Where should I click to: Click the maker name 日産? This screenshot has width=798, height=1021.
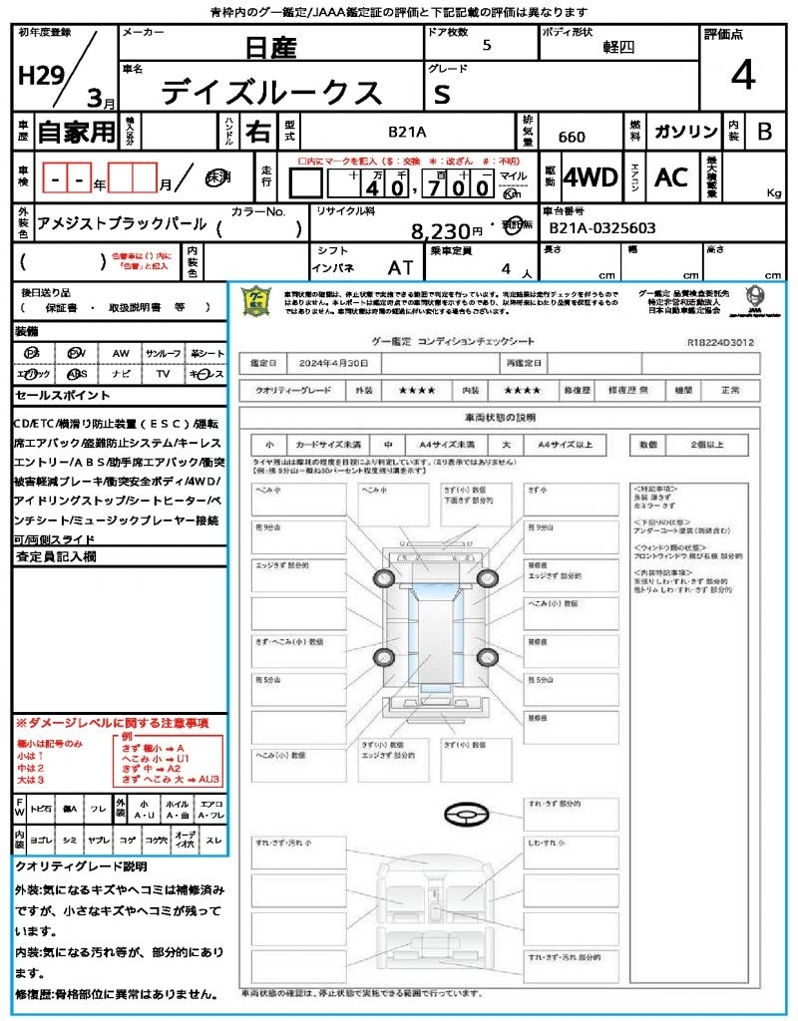(x=271, y=48)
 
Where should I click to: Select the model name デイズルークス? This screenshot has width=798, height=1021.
(x=271, y=92)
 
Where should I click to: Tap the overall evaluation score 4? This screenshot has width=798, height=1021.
(x=742, y=76)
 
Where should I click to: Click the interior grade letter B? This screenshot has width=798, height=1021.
(x=764, y=131)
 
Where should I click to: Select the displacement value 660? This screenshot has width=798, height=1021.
(x=572, y=138)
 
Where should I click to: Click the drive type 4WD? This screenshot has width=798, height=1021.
(x=591, y=177)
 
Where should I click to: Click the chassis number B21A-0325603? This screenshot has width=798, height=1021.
(x=602, y=228)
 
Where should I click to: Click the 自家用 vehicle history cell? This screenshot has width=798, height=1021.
(x=76, y=131)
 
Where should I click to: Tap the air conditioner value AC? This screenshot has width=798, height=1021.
(x=671, y=177)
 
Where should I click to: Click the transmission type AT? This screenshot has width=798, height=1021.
(x=401, y=267)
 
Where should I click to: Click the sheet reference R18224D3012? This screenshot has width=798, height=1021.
(x=720, y=342)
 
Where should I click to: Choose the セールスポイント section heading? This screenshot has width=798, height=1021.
(x=59, y=395)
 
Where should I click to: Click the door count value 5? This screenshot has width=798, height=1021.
(x=486, y=45)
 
